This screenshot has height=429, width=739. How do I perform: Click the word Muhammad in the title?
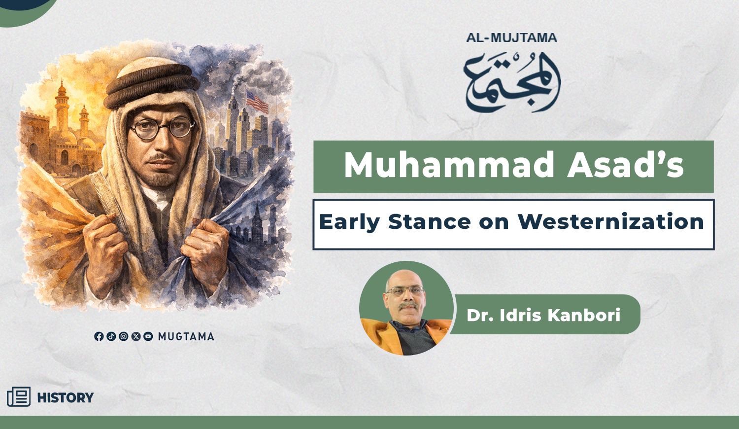[x=449, y=165]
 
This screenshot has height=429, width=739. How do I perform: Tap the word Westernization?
[x=611, y=221]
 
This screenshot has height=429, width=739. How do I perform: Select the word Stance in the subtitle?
[x=429, y=221]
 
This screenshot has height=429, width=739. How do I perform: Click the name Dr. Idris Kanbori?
[x=543, y=315]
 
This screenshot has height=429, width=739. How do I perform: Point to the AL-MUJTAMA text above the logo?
[x=511, y=37]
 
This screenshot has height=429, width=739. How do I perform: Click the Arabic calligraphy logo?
[x=512, y=82]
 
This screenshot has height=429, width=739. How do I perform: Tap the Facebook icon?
[x=99, y=336]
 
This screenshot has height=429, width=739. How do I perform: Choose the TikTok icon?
[x=111, y=336]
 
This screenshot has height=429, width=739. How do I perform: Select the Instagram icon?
[x=123, y=336]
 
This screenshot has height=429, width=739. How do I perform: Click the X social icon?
[x=136, y=336]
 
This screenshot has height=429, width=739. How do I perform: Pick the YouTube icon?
[x=148, y=336]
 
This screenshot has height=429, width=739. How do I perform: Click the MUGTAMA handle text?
[x=186, y=336]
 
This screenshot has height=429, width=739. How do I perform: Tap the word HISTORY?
[x=66, y=397]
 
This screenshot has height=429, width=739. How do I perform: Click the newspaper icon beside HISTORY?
[x=19, y=396]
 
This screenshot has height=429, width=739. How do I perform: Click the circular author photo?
[x=406, y=308]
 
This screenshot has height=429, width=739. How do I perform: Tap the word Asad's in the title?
[x=625, y=165]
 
